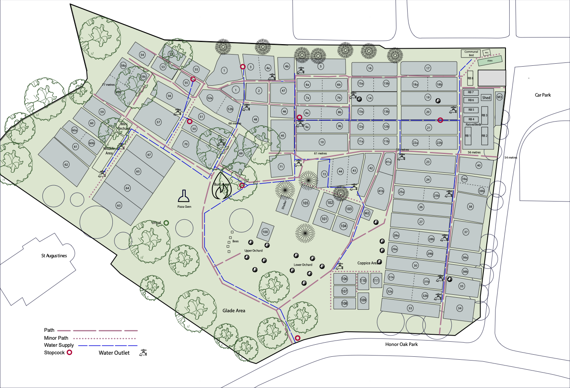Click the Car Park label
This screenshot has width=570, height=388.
click(543, 95)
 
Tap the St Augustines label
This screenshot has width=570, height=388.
click(54, 256)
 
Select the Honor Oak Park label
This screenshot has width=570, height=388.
click(401, 344)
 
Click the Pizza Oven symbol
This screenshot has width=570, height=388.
click(184, 196)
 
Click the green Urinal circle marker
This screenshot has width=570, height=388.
click(166, 223)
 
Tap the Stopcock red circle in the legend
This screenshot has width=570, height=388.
click(70, 353)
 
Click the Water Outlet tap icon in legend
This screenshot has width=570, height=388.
click(144, 353)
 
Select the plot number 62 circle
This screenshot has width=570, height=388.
click(66, 164)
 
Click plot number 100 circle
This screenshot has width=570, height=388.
click(265, 232)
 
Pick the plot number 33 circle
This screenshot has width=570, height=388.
click(410, 308)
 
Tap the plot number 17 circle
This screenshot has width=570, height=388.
click(428, 68)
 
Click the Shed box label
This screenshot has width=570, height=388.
click(486, 98)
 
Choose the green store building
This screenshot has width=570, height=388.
click(490, 61)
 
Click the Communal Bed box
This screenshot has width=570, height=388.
click(471, 53)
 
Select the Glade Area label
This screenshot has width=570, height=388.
click(234, 311)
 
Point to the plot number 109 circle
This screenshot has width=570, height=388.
click(363, 300)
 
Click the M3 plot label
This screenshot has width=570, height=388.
click(500, 97)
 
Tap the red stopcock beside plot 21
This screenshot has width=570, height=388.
click(440, 120)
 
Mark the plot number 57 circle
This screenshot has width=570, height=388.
click(158, 122)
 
